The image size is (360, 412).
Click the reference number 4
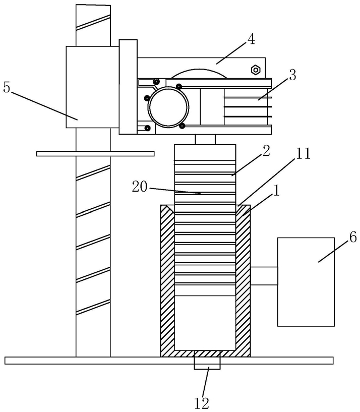(x=251, y=40)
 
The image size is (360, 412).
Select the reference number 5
(x=7, y=88)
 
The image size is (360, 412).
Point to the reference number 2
(x=266, y=151)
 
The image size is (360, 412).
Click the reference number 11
(x=303, y=154)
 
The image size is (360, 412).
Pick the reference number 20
(x=140, y=187)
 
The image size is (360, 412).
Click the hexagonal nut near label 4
(x=256, y=70)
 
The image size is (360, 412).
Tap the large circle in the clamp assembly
(x=168, y=107)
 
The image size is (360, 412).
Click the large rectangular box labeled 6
(x=306, y=282)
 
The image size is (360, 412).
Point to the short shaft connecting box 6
(x=264, y=276)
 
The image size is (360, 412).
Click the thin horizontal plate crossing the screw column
(x=95, y=154)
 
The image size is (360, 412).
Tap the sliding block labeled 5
(x=92, y=87)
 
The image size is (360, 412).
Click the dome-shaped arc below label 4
(x=199, y=73)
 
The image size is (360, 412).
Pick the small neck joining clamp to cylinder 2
(x=205, y=139)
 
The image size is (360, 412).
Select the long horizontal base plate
(x=169, y=361)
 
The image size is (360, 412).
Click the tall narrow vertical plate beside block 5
(x=128, y=87)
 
